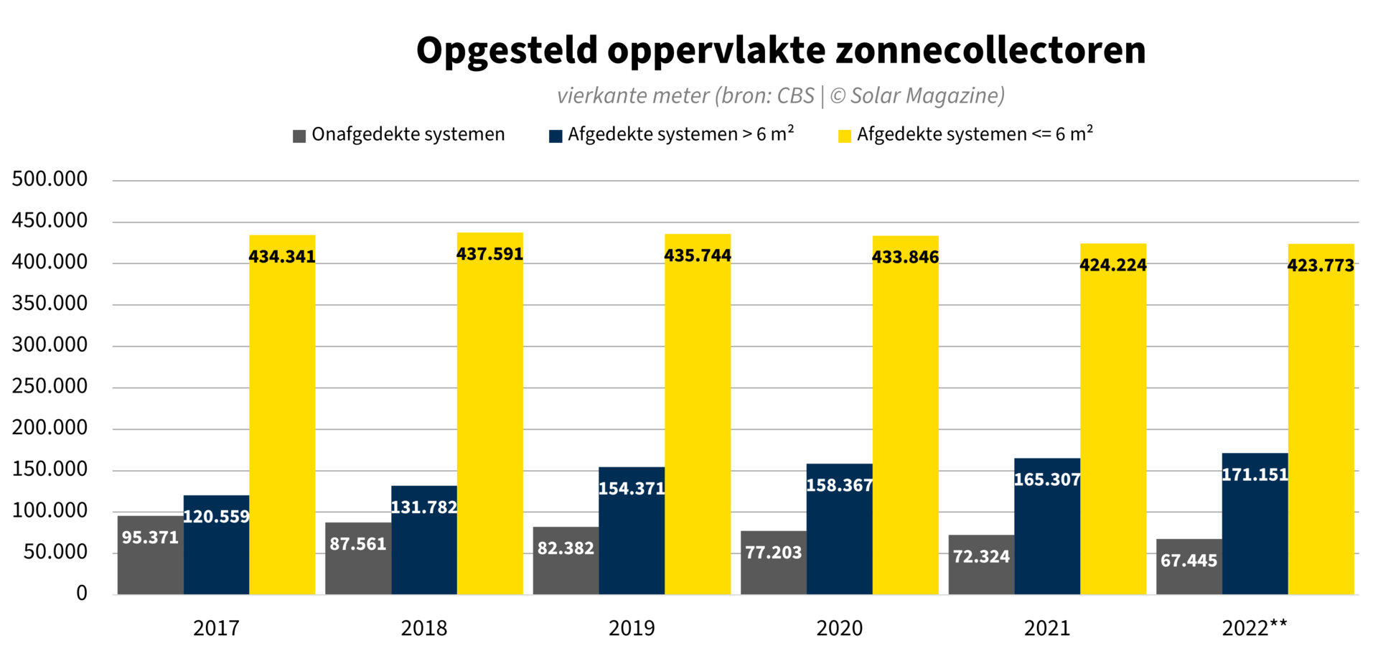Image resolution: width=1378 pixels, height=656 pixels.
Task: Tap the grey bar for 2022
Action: [1189, 574]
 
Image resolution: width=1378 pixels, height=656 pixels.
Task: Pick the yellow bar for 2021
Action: [1113, 431]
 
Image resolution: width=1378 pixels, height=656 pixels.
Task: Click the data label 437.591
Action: [490, 254]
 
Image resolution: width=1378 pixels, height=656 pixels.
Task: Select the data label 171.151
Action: [1255, 474]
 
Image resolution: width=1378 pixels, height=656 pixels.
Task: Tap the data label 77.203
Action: [773, 553]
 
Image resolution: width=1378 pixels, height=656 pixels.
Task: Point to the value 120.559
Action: [216, 517]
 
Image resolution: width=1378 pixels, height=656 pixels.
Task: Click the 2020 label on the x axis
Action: [839, 629]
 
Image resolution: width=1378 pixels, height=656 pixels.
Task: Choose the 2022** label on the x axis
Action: [1255, 629]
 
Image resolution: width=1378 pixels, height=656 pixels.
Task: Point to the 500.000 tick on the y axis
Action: [50, 179]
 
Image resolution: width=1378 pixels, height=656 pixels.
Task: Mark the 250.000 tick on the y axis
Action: [50, 386]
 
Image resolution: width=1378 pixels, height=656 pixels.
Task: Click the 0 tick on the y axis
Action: [82, 593]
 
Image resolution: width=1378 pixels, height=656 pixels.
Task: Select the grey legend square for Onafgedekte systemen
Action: [299, 136]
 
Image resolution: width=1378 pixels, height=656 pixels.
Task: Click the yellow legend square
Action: [845, 136]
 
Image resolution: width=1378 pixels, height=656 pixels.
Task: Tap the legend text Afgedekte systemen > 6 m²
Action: [680, 135]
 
